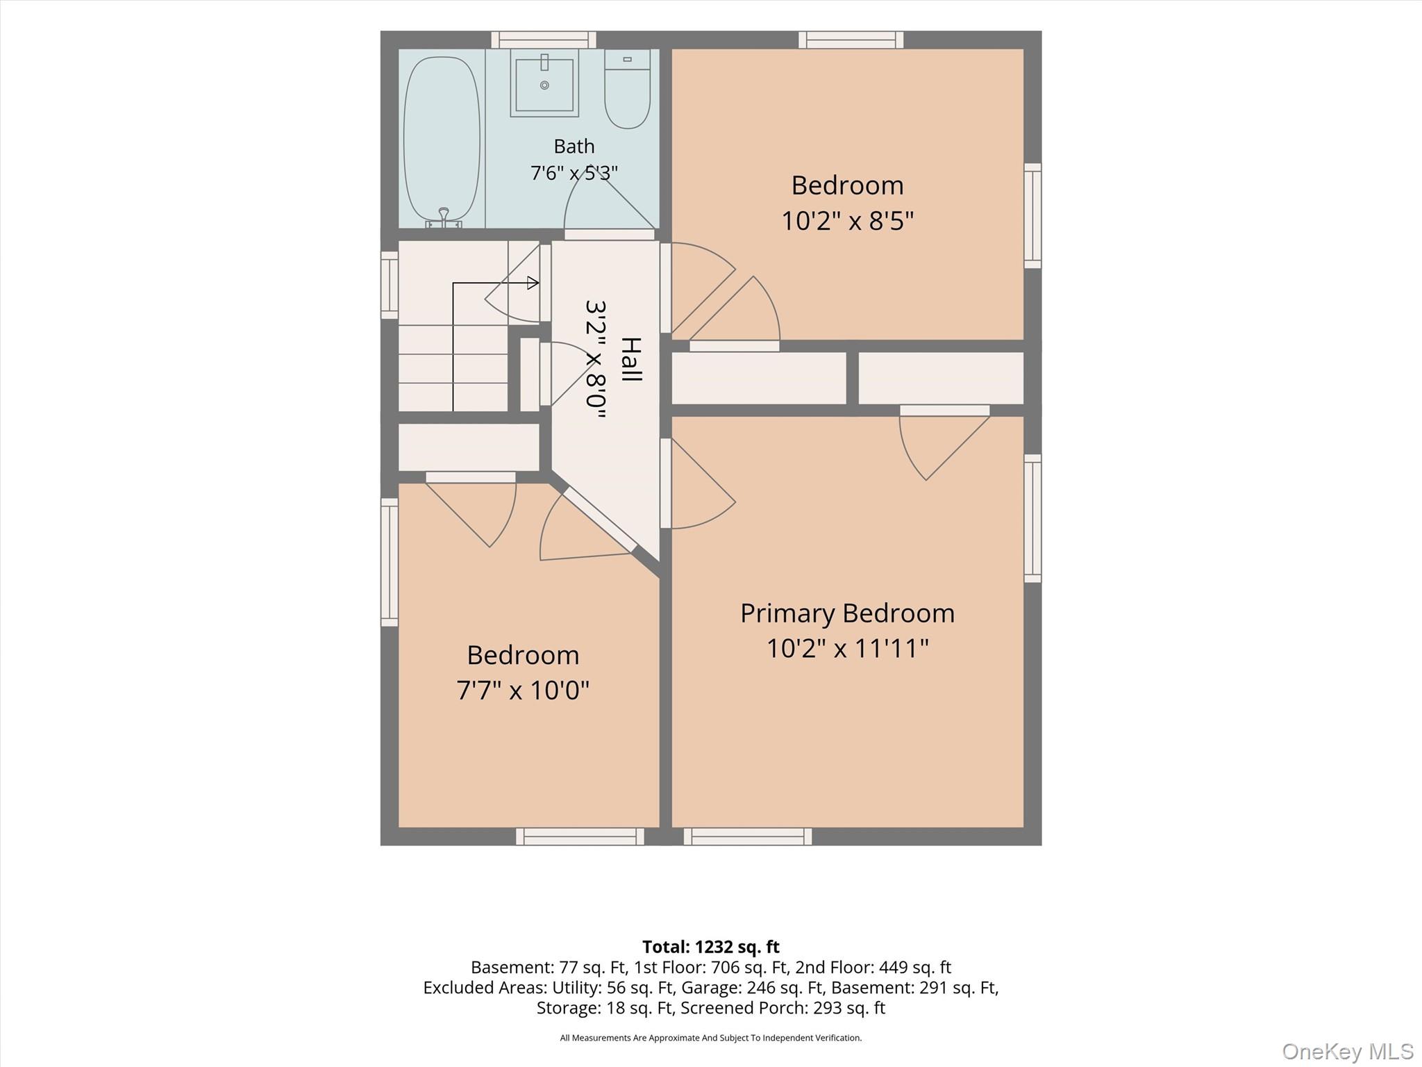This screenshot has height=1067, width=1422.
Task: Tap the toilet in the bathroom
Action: point(627,88)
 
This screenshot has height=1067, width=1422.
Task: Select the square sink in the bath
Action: point(544,83)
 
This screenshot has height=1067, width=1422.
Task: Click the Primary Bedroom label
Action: point(847,613)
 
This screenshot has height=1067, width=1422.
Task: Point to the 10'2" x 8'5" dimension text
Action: point(847,221)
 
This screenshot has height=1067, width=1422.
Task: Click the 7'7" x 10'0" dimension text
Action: point(523,690)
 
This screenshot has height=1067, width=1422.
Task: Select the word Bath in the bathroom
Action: point(574,147)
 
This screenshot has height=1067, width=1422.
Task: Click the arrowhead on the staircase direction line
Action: point(533,283)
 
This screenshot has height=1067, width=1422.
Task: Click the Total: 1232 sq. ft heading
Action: point(711,947)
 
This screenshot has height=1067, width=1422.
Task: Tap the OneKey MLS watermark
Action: point(1348,1051)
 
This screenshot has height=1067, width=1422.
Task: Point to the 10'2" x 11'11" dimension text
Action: point(847,649)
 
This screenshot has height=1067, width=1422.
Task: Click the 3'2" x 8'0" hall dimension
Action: point(596,359)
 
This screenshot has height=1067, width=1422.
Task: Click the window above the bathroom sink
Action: point(544,40)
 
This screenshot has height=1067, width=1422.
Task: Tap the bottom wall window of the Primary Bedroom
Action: point(748,836)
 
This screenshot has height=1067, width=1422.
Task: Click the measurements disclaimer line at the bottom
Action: point(711,1038)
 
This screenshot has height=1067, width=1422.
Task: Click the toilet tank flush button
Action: point(627,60)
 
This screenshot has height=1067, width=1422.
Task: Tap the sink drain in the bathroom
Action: point(544,85)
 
